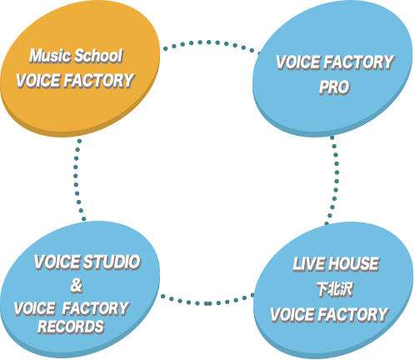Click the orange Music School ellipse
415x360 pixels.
pyautogui.click(x=80, y=69)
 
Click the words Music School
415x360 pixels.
pyautogui.click(x=76, y=56)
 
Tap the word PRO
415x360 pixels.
pyautogui.click(x=334, y=87)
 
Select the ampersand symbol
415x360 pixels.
pyautogui.click(x=77, y=286)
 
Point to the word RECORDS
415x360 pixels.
pyautogui.click(x=71, y=327)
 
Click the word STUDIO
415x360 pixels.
pyautogui.click(x=112, y=262)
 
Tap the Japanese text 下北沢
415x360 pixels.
pyautogui.click(x=335, y=290)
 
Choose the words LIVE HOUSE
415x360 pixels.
pyautogui.click(x=336, y=264)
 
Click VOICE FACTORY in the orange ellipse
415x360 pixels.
pyautogui.click(x=75, y=81)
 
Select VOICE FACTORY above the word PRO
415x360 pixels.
pyautogui.click(x=335, y=62)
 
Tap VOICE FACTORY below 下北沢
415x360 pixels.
pyautogui.click(x=329, y=315)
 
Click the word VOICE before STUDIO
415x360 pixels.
pyautogui.click(x=57, y=262)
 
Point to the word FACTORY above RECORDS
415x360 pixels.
pyautogui.click(x=95, y=308)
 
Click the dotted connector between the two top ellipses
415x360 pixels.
pyautogui.click(x=209, y=42)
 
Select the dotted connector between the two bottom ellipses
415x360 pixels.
pyautogui.click(x=207, y=303)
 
